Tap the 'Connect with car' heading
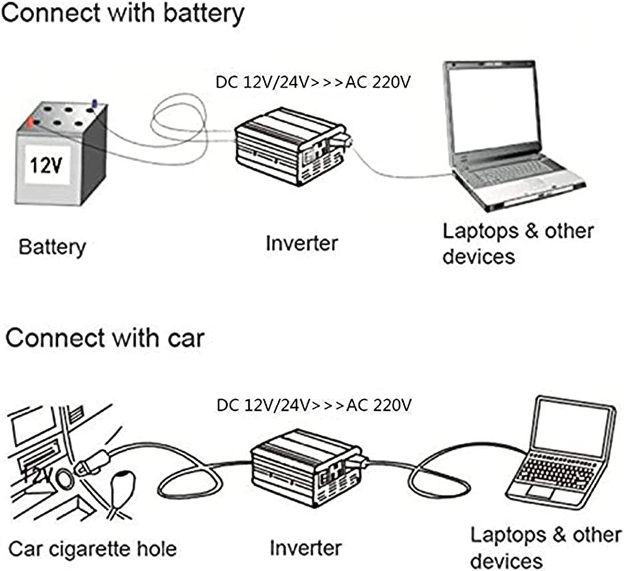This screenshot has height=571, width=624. pyautogui.click(x=105, y=338)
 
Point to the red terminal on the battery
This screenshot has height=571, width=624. pyautogui.click(x=30, y=123)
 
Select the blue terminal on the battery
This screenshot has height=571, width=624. pyautogui.click(x=95, y=104)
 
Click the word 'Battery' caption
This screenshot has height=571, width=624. pyautogui.click(x=52, y=248)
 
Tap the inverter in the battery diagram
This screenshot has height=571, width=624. pyautogui.click(x=292, y=146)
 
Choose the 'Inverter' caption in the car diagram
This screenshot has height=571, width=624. pyautogui.click(x=306, y=548)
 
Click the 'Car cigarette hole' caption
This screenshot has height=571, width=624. pyautogui.click(x=93, y=549)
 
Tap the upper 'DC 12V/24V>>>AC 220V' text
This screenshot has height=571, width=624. pyautogui.click(x=313, y=82)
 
